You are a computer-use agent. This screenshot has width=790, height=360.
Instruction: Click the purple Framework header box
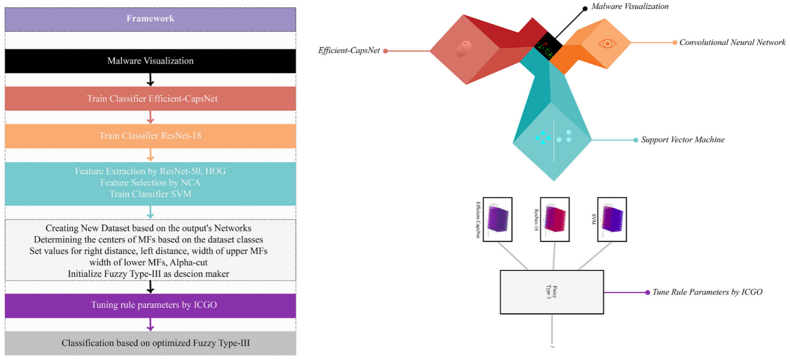(x=150, y=19)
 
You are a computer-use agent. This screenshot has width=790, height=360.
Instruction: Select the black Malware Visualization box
(x=150, y=61)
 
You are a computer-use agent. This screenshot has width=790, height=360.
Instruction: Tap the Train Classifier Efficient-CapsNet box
(x=150, y=98)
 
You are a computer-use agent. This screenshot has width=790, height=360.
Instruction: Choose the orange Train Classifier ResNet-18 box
(x=150, y=135)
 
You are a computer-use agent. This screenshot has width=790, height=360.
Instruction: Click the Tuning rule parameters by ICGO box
(x=150, y=305)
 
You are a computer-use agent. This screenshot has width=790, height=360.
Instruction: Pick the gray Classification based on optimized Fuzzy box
(x=150, y=343)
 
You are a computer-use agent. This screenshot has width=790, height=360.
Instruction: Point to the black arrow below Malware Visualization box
(x=150, y=80)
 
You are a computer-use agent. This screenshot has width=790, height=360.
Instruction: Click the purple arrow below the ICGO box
(x=150, y=324)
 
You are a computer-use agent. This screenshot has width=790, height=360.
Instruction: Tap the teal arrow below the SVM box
(x=150, y=212)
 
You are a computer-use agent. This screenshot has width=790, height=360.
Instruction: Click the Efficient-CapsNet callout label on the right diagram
(x=349, y=50)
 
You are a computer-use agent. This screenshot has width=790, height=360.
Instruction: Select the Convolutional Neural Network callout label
(x=732, y=43)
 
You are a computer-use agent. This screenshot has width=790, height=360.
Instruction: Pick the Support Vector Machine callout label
(x=682, y=140)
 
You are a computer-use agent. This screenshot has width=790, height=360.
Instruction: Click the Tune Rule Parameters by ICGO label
(x=707, y=292)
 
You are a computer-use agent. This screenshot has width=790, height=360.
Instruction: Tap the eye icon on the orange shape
(x=607, y=44)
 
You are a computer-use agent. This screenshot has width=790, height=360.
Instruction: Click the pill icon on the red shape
(x=463, y=48)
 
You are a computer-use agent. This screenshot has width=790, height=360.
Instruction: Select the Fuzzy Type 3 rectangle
(x=552, y=292)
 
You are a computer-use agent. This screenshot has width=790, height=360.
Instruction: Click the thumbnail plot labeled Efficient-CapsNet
(x=497, y=219)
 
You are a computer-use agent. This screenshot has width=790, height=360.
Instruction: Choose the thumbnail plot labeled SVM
(x=612, y=219)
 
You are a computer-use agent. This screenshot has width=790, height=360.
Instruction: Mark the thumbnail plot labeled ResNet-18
(x=555, y=219)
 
